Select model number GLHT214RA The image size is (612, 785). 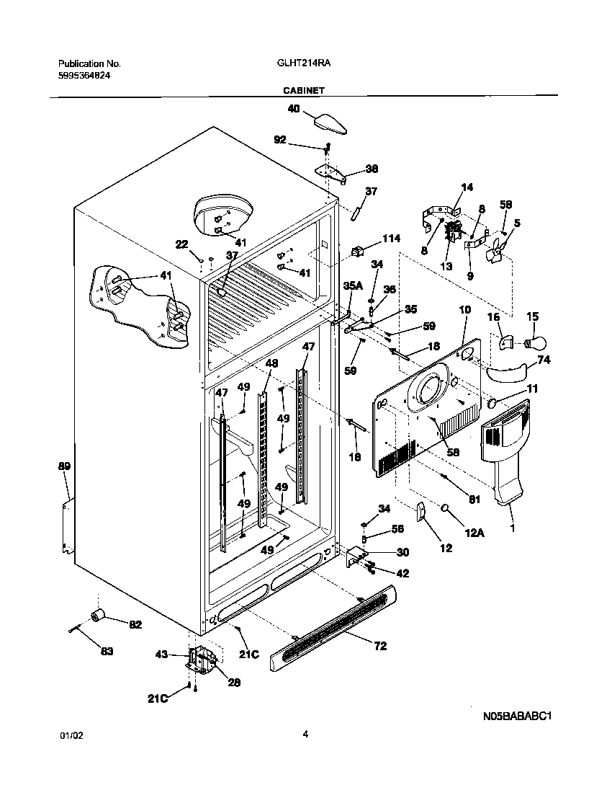(x=299, y=63)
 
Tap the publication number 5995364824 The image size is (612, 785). (x=84, y=76)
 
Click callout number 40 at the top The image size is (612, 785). (x=294, y=110)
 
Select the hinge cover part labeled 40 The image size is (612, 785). (x=330, y=121)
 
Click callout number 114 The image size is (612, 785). (x=391, y=239)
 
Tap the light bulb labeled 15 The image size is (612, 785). (x=538, y=340)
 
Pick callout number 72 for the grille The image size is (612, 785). (x=380, y=646)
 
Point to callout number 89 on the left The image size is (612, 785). (x=64, y=467)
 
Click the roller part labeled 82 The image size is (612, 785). (x=96, y=614)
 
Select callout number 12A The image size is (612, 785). (x=474, y=533)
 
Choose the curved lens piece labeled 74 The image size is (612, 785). (x=507, y=372)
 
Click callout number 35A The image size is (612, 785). (x=353, y=285)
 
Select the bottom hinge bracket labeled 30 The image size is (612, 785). (x=356, y=555)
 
